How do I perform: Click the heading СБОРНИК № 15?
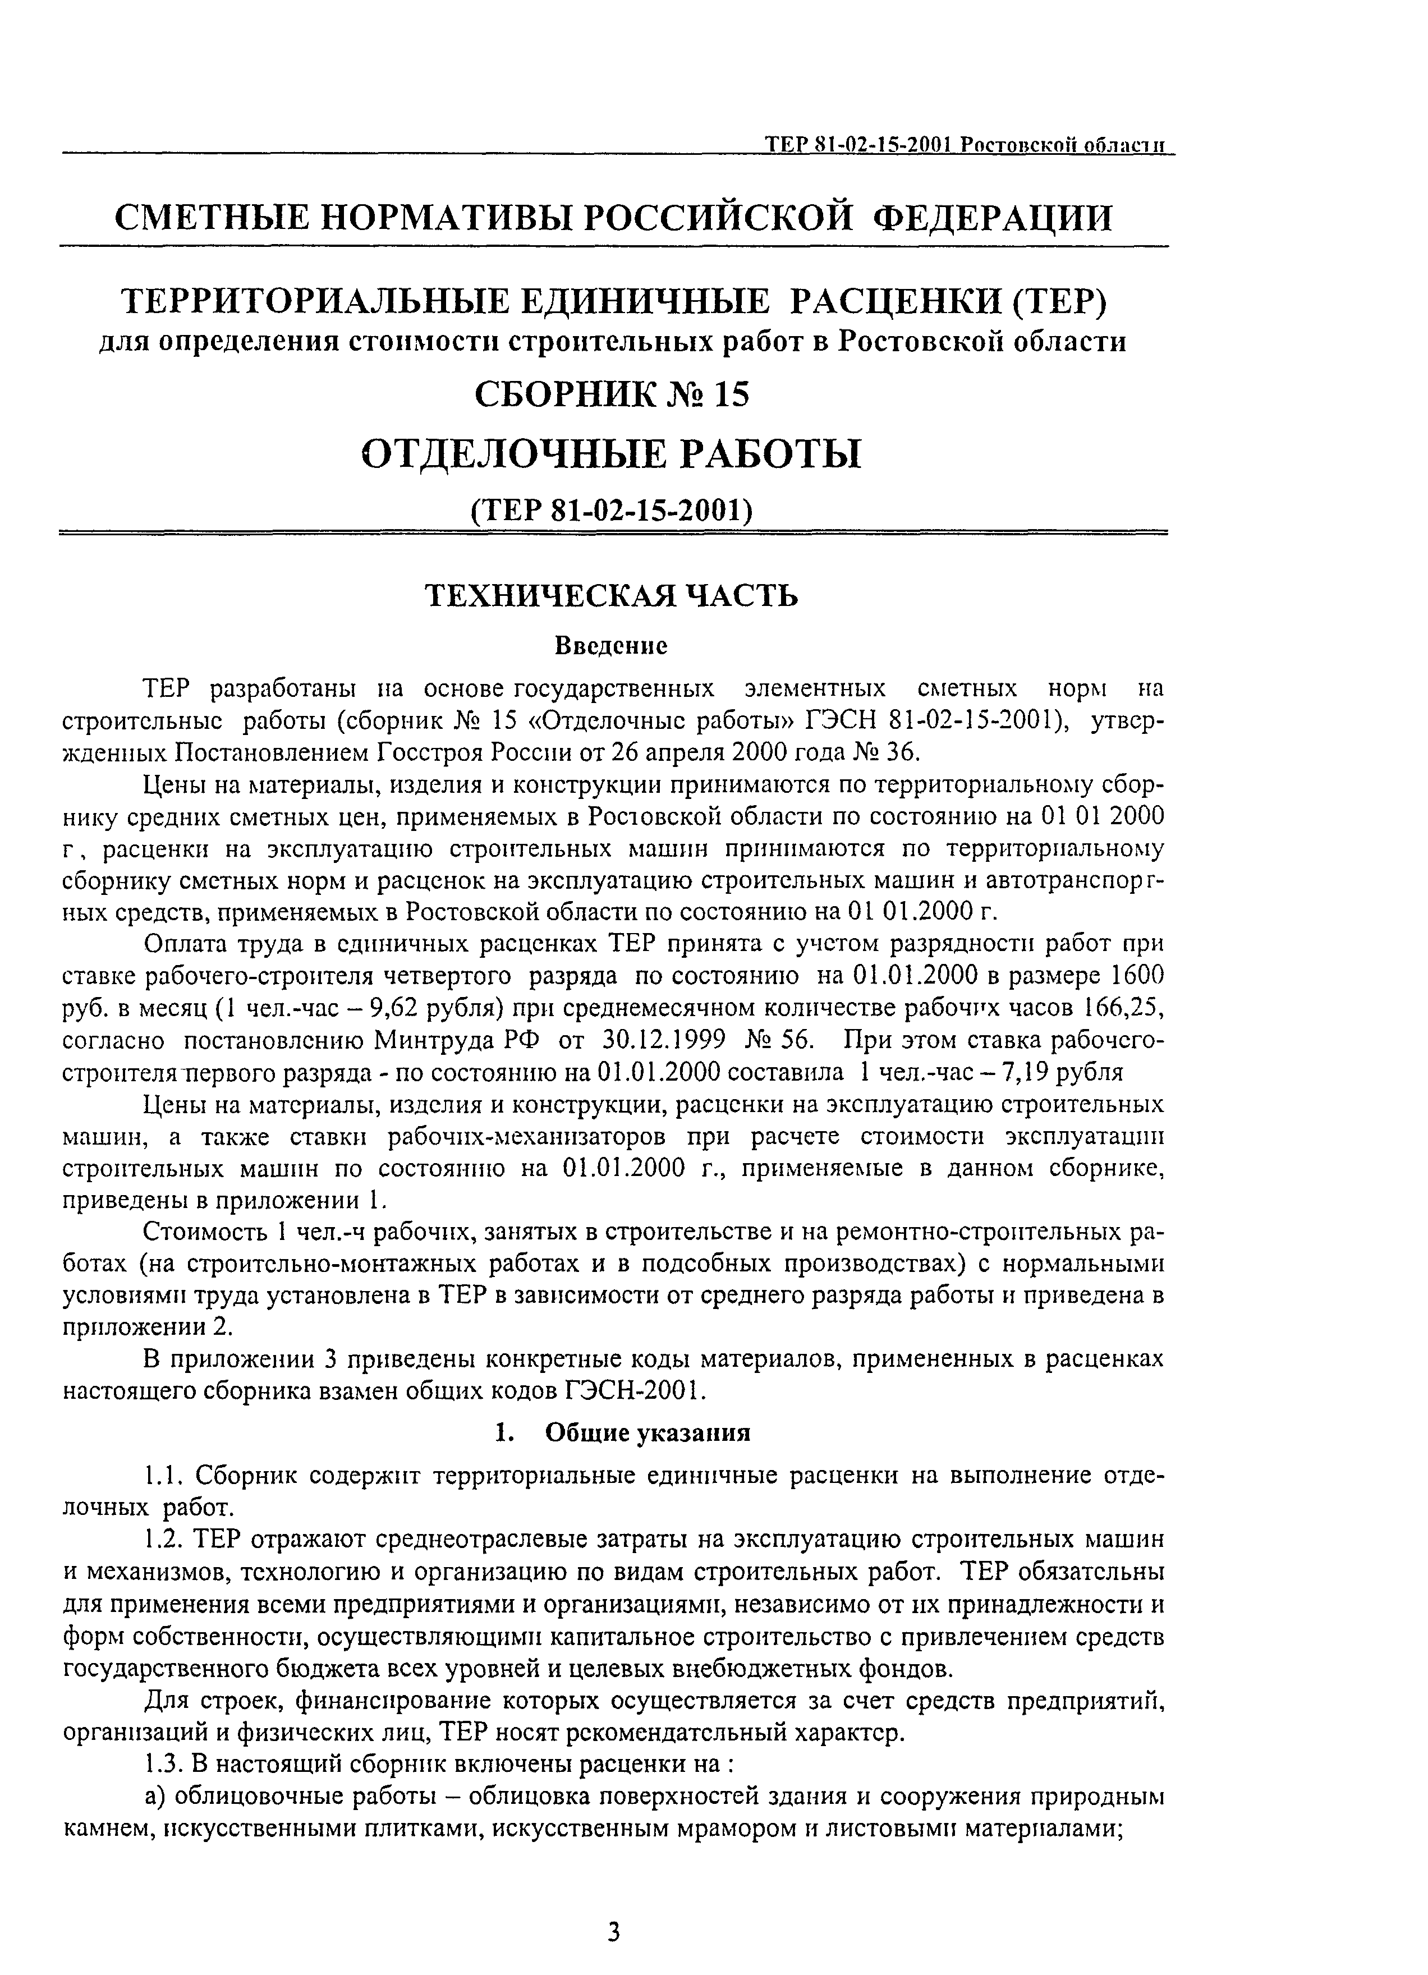611,396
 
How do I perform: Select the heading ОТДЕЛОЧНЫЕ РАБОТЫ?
611,454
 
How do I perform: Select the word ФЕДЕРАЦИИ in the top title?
992,217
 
